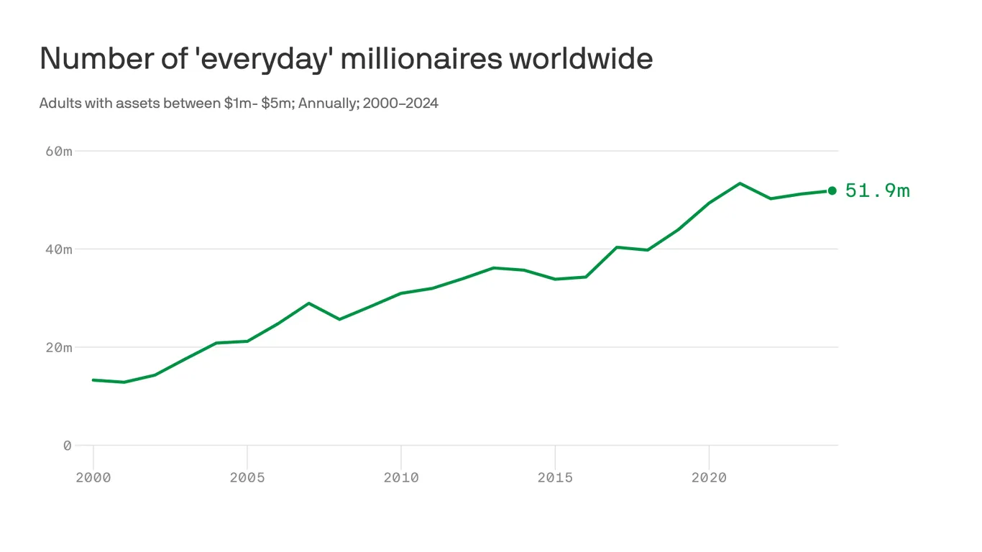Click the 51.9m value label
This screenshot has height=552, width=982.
click(877, 190)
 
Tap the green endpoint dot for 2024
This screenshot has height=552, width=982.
click(832, 190)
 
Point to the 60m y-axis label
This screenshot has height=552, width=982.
click(58, 151)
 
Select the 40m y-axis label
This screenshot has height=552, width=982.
click(58, 249)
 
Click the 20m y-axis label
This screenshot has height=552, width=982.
click(58, 347)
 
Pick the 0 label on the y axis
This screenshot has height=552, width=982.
click(68, 446)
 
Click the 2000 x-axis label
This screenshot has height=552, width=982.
click(93, 478)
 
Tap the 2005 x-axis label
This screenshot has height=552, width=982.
click(247, 478)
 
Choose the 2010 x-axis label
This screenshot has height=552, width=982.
click(401, 478)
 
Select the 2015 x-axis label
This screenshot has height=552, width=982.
click(555, 478)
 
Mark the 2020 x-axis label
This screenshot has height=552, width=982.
click(709, 478)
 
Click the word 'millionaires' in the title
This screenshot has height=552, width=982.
click(421, 58)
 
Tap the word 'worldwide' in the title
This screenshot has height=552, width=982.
click(581, 58)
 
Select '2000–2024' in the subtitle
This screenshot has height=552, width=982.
click(400, 103)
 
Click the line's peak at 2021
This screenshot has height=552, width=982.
click(740, 183)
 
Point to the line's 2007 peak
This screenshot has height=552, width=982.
click(309, 303)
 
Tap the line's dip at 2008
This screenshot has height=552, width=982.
click(339, 319)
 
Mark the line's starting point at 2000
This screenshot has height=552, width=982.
click(93, 379)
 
